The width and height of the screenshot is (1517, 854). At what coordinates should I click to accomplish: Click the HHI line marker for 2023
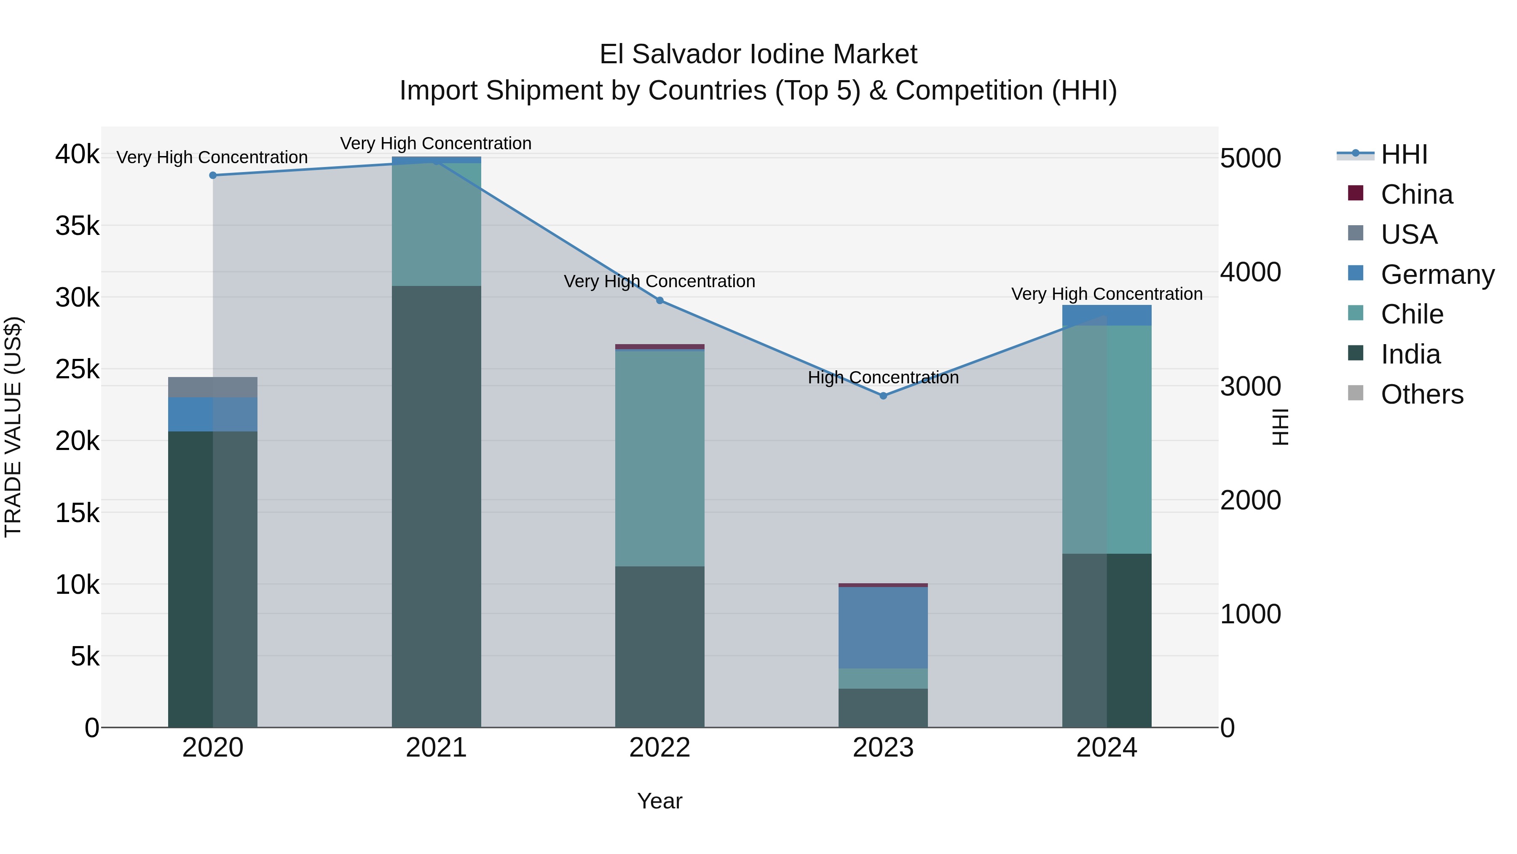click(x=883, y=396)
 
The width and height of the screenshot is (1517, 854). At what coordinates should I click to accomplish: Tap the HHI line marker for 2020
click(x=213, y=175)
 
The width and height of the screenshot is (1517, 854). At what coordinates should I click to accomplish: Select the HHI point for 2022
click(x=659, y=301)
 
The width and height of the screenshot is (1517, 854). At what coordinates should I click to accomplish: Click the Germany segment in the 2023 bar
click(x=883, y=627)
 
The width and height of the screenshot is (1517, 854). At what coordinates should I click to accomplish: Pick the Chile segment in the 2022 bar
click(x=659, y=458)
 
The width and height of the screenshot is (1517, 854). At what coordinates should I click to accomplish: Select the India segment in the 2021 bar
click(x=437, y=507)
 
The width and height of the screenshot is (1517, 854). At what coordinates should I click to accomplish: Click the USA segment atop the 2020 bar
click(x=213, y=387)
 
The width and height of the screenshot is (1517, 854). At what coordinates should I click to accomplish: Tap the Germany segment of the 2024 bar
click(x=1107, y=315)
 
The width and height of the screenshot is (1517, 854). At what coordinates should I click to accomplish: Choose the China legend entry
click(x=1416, y=194)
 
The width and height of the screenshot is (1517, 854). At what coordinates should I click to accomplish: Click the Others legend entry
click(x=1422, y=394)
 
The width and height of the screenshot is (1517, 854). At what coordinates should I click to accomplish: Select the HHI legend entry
click(x=1404, y=154)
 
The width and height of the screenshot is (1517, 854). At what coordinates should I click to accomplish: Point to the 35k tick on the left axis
click(x=77, y=226)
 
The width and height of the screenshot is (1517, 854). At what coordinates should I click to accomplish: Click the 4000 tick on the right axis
click(x=1250, y=272)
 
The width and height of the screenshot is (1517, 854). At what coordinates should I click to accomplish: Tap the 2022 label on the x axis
click(x=659, y=748)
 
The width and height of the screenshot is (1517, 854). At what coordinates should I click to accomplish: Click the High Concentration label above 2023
click(x=883, y=377)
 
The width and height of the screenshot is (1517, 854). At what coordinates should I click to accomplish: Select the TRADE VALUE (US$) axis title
click(x=13, y=427)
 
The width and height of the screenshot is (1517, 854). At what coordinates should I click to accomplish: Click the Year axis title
click(x=659, y=801)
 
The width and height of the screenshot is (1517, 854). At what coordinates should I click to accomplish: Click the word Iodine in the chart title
click(x=787, y=54)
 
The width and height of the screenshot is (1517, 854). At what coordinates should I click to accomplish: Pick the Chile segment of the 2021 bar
click(x=437, y=224)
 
